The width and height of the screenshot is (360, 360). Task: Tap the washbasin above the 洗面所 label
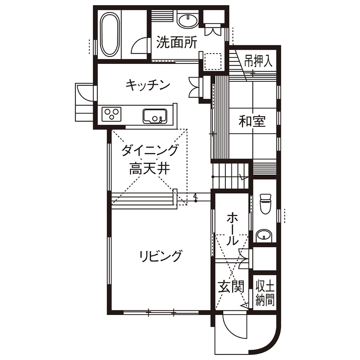pos(187,21)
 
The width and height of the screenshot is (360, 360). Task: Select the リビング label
pos(160,256)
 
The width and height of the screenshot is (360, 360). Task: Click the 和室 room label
pos(252,122)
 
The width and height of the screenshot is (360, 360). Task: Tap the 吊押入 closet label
pos(258,61)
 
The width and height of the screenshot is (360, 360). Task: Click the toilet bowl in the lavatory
pos(266,204)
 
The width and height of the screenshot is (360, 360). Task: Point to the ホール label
pos(232,228)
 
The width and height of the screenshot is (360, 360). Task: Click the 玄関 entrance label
pos(231,286)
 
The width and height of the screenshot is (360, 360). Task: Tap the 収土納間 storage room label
pos(264,291)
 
